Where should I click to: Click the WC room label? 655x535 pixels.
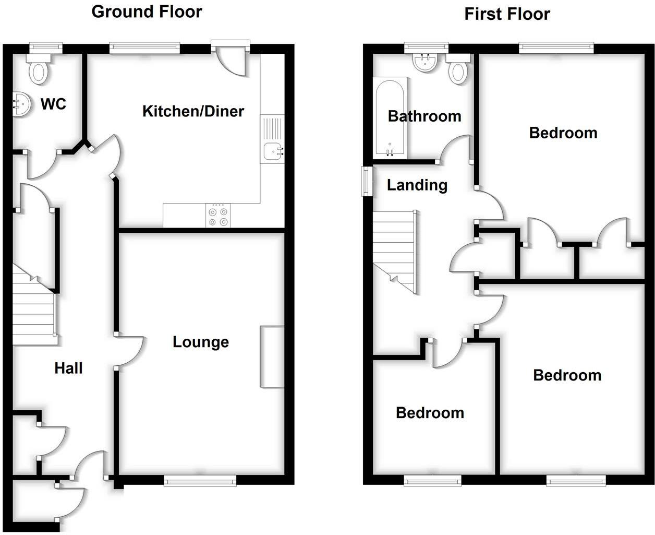(53, 104)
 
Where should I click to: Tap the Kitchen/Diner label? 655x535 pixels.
(193, 111)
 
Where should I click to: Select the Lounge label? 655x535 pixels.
(201, 342)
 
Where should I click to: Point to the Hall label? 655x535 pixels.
(68, 368)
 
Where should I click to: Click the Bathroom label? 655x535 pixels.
(424, 116)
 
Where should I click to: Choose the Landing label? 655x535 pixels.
(417, 185)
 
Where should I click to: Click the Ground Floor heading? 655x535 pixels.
(147, 11)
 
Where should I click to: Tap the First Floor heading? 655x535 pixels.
(507, 14)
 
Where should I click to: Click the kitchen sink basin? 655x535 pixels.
(272, 151)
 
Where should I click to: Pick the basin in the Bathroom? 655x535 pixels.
(427, 64)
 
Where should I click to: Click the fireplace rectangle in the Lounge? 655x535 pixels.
(272, 357)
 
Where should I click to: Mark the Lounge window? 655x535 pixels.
(200, 481)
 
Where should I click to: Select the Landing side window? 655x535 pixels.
(367, 181)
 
